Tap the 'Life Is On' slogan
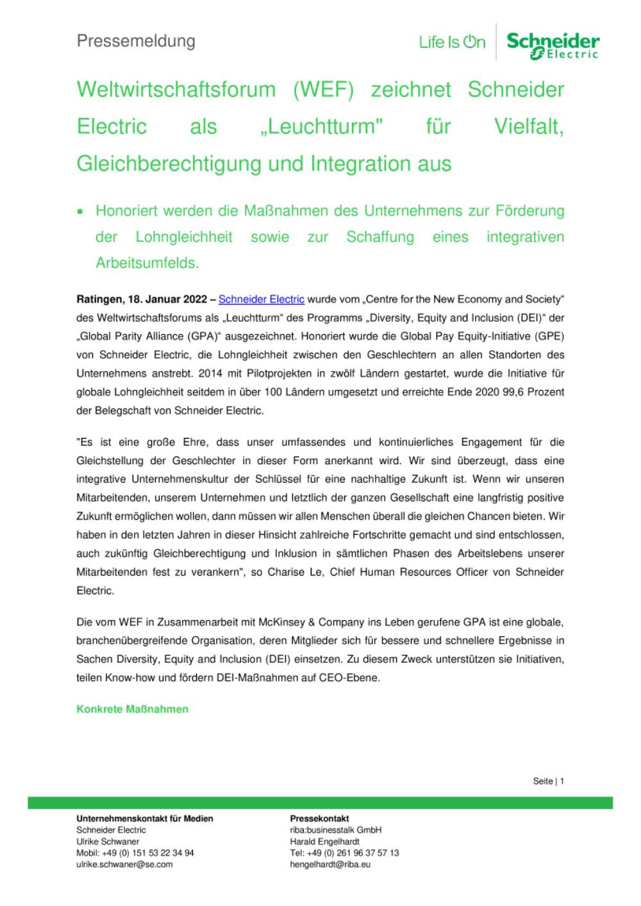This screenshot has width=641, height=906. (452, 42)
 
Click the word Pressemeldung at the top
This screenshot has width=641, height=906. (136, 41)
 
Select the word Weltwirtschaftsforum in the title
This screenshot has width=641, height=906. (176, 89)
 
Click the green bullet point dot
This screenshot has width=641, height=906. (81, 211)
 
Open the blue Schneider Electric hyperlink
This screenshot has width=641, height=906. (262, 299)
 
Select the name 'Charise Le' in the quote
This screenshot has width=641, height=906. (294, 572)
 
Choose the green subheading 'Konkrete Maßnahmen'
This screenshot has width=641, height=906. (133, 709)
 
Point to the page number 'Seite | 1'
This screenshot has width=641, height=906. (548, 781)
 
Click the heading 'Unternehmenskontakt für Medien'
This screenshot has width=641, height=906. (145, 818)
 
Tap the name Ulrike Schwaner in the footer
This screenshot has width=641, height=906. (108, 841)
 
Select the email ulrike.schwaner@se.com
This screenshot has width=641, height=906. (124, 864)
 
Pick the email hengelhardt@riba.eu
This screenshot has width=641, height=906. (330, 864)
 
